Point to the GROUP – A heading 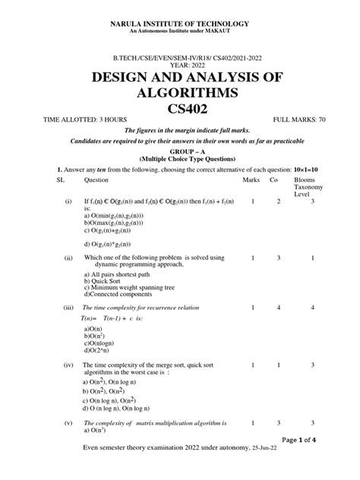(x=180, y=152)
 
